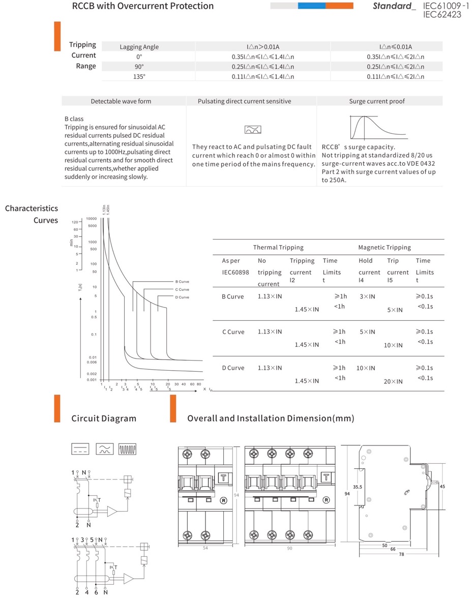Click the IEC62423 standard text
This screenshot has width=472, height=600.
tap(442, 15)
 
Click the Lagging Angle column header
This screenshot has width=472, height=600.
tap(139, 47)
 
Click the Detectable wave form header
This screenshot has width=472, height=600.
tap(121, 101)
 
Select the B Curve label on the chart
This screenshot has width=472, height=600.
tap(182, 281)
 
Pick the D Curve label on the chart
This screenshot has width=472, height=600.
tap(182, 297)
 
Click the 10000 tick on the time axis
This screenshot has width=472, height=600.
tap(92, 218)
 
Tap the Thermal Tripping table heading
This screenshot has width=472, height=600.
tap(278, 248)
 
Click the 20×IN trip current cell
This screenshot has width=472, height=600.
tap(393, 381)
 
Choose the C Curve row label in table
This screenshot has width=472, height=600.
tap(233, 332)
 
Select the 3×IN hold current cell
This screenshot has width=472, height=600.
tap(368, 296)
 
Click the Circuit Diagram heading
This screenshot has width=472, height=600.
tap(104, 418)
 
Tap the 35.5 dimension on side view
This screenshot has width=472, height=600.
tap(358, 487)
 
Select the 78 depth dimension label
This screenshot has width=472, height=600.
tap(402, 554)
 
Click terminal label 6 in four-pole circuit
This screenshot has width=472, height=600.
tap(96, 592)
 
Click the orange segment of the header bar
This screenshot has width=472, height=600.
tap(339, 6)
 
